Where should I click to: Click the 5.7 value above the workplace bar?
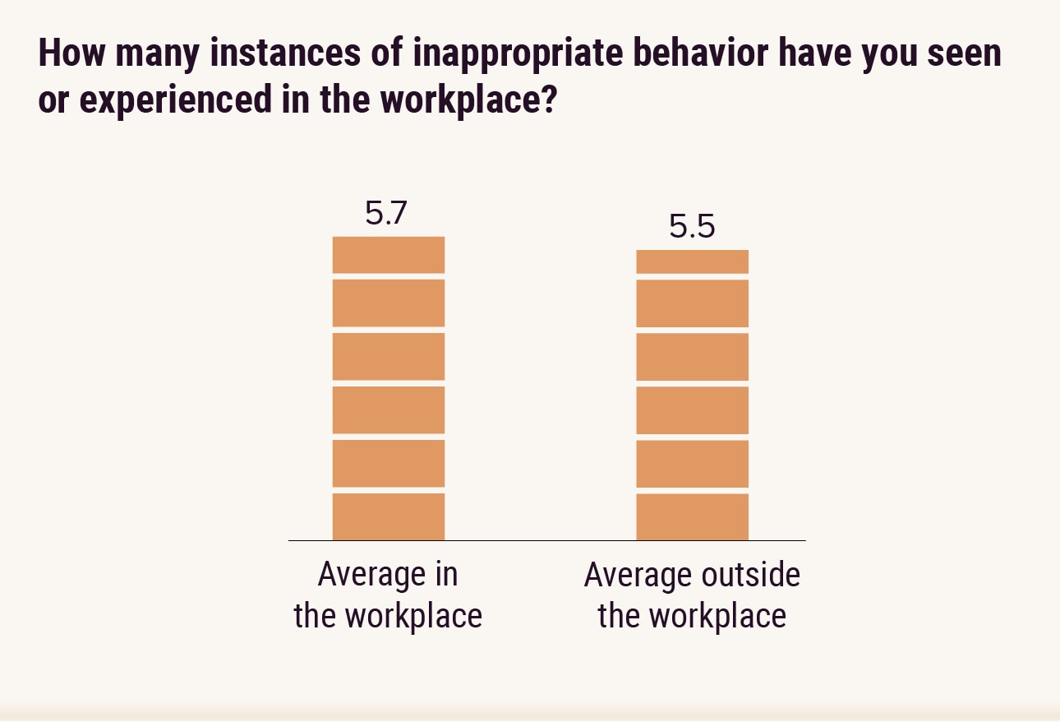point(386,214)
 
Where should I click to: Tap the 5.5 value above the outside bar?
point(692,227)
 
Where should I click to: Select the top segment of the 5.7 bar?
point(389,255)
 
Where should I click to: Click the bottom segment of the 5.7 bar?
point(389,516)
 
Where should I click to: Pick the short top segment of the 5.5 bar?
point(693,261)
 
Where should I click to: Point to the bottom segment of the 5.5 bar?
point(693,516)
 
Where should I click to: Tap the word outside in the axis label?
point(747,575)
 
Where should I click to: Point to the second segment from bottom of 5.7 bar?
point(389,463)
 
